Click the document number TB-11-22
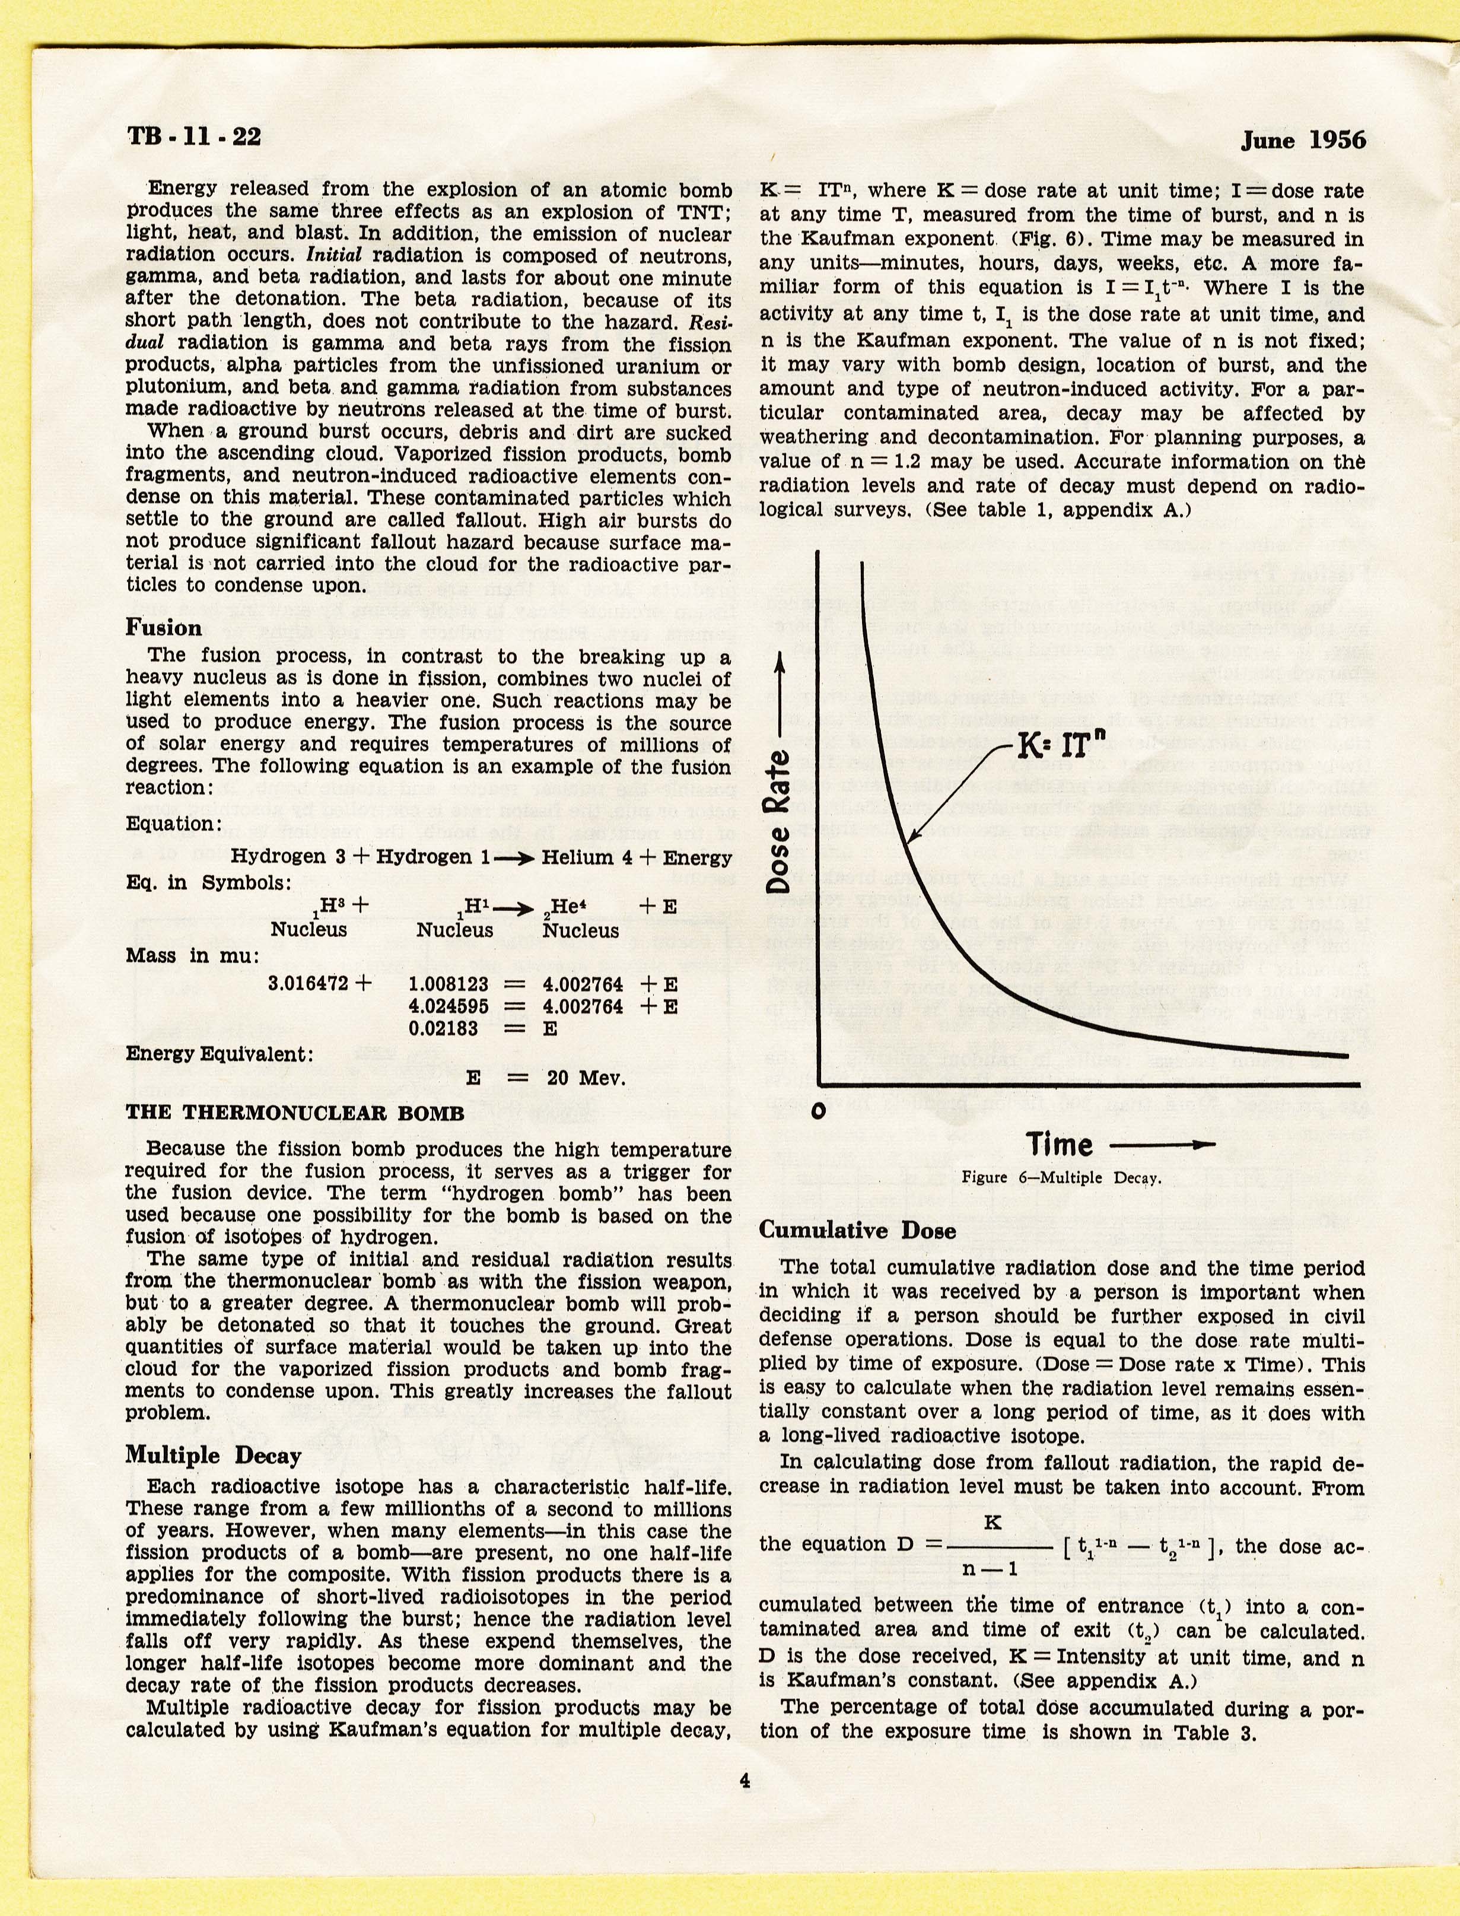[x=194, y=136]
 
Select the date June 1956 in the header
[x=1303, y=140]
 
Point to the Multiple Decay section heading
[x=213, y=1456]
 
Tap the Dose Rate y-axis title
[x=780, y=820]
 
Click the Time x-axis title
[x=1060, y=1143]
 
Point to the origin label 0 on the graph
[x=818, y=1113]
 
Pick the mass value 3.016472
[x=309, y=983]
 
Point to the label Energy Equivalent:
[x=219, y=1054]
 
